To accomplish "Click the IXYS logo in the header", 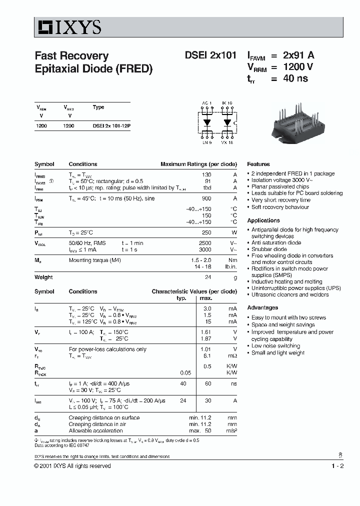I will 68,27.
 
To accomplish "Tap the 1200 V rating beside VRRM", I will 298,67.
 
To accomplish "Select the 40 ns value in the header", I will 295,78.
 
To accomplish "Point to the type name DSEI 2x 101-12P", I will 111,126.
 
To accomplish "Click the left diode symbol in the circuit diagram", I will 207,122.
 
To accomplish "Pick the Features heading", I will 258,164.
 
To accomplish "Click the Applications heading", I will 263,220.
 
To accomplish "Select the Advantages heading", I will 262,307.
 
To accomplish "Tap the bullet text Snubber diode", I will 269,249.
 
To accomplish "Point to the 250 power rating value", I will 205,232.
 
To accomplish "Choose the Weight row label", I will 43,277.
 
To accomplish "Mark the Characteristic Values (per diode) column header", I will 194,291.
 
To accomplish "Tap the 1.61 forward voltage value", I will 206,332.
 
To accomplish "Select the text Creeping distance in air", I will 97,424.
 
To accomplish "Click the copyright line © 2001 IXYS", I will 72,466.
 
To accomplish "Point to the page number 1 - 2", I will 337,466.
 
